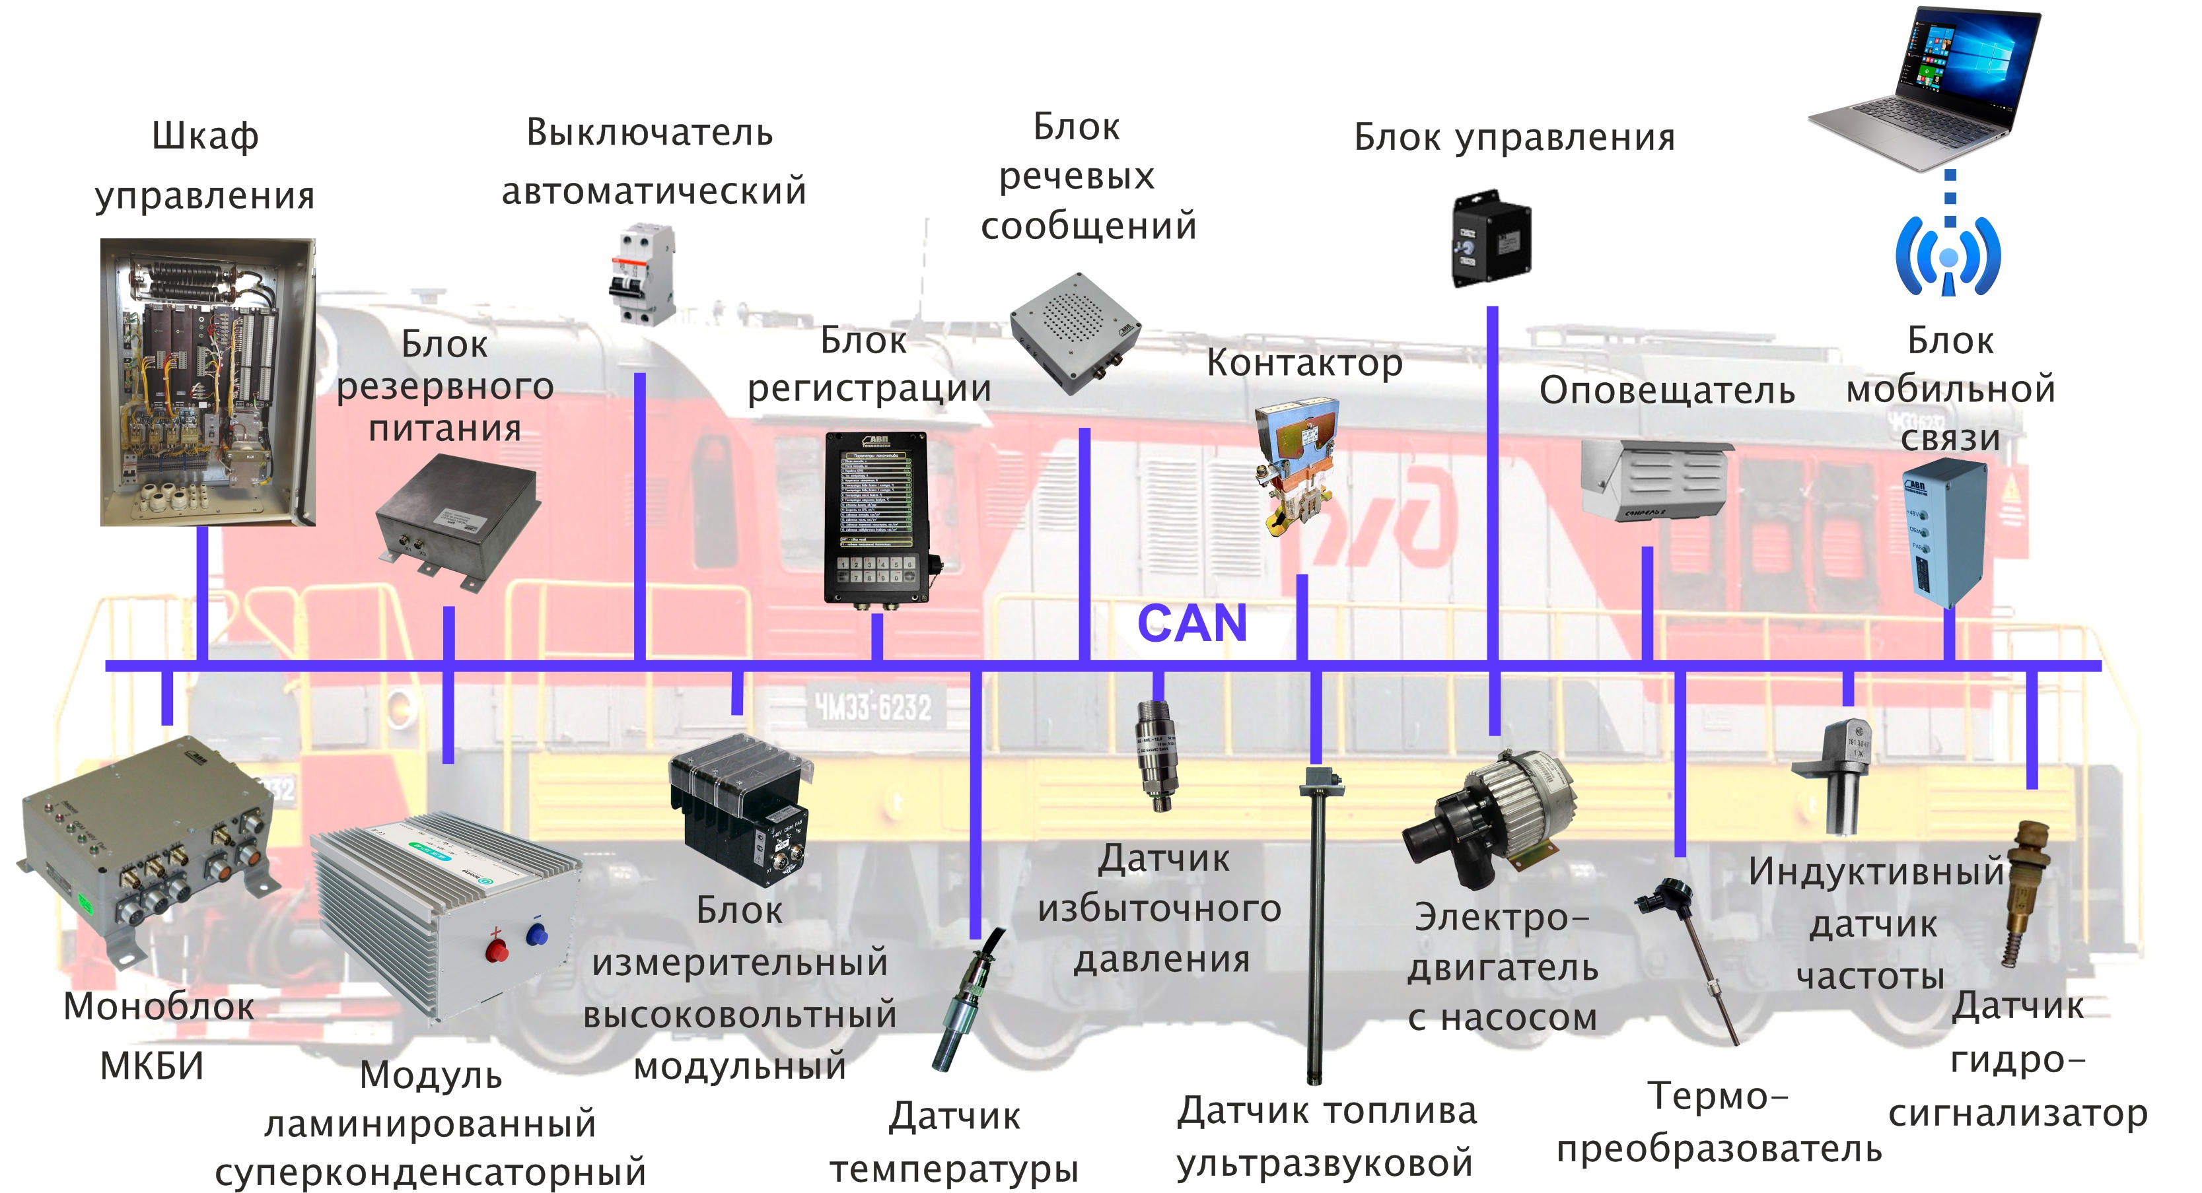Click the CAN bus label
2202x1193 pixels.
1191,623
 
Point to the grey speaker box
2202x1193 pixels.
1075,333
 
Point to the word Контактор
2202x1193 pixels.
1304,363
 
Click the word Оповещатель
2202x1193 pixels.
1666,391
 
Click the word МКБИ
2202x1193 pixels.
152,1066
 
